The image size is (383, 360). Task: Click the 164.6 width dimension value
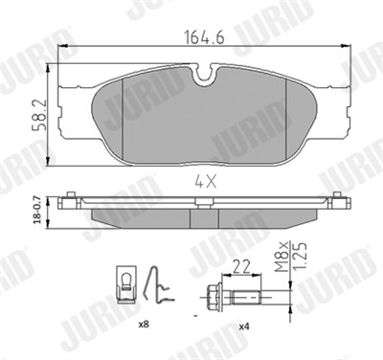point(205,37)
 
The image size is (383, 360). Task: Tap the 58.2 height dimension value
point(39,115)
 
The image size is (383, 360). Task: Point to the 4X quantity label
point(206,183)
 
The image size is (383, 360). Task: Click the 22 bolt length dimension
point(241,266)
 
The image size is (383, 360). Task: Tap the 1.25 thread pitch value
point(300,258)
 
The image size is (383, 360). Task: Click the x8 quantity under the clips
point(144,325)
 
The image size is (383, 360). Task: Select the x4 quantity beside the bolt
point(244,326)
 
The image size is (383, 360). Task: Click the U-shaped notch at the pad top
point(205,74)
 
